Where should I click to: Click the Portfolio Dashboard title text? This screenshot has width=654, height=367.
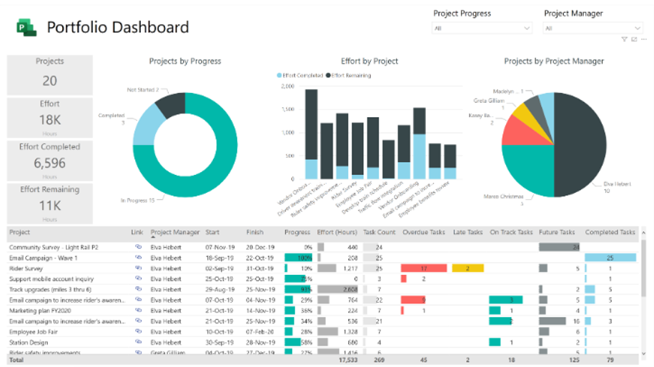(x=118, y=28)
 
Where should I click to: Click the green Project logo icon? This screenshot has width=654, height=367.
(x=26, y=28)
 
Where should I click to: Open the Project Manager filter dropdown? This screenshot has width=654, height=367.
(x=593, y=29)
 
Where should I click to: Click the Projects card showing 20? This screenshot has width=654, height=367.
(x=50, y=75)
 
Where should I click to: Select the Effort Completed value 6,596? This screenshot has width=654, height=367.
(x=50, y=163)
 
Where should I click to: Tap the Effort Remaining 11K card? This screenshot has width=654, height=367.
(x=50, y=204)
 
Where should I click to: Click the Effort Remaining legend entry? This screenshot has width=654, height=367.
(x=348, y=75)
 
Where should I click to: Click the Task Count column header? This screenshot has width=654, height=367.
(x=379, y=232)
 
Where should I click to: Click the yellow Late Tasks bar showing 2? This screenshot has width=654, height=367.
(x=467, y=268)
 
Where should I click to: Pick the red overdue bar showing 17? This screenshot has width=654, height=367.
(x=423, y=268)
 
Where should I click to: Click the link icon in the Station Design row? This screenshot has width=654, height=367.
(x=138, y=343)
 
